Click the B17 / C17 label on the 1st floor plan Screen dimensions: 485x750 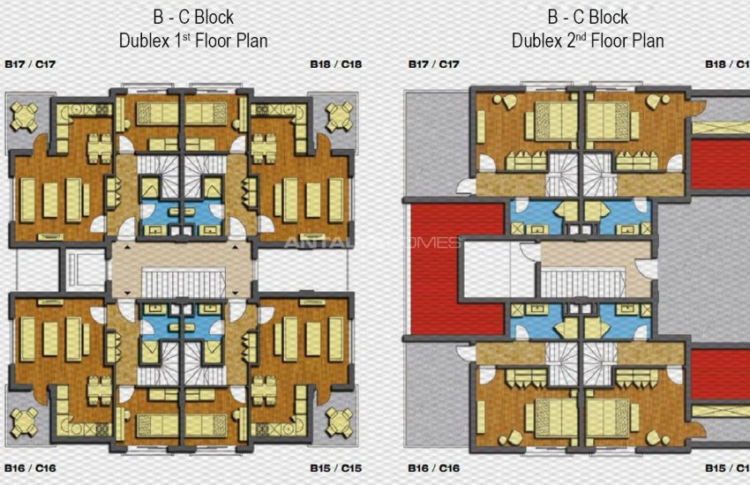[x=30, y=64]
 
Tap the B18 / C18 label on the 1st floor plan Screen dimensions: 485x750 [x=336, y=64]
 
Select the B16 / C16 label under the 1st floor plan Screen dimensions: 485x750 [x=30, y=467]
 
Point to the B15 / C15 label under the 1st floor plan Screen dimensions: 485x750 [x=336, y=467]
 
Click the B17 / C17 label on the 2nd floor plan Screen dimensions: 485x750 [x=433, y=64]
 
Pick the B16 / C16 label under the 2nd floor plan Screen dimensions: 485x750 [x=433, y=467]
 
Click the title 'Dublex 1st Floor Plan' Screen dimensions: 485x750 [x=192, y=41]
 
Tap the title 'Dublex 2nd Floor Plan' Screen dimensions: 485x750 [x=588, y=41]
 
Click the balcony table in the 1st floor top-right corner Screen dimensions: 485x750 [x=340, y=116]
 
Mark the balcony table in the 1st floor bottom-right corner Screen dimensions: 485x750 [x=340, y=422]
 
